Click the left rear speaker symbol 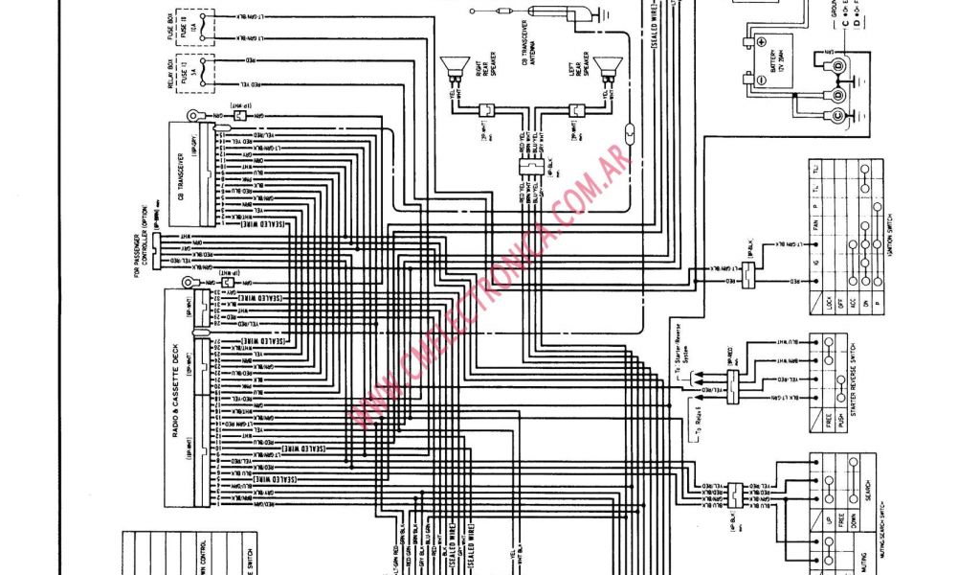click(x=604, y=68)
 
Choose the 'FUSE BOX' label click(x=170, y=29)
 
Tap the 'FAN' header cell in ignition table click(x=843, y=225)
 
